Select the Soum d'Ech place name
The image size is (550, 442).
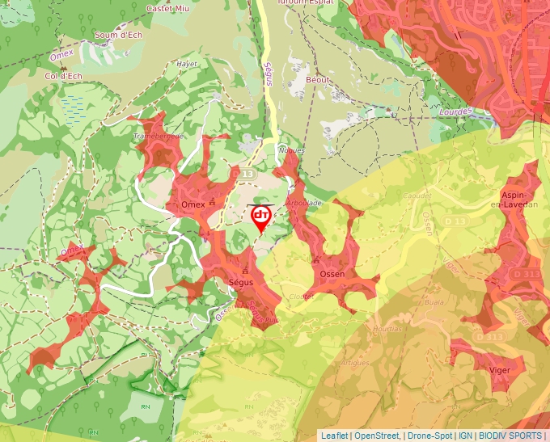click(119, 34)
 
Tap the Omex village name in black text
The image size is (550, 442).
click(193, 205)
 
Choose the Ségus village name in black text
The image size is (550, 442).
click(241, 283)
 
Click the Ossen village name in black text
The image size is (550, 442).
click(332, 274)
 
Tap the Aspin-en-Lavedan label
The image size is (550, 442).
click(519, 200)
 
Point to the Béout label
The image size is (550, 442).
click(320, 81)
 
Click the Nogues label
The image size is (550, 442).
click(290, 151)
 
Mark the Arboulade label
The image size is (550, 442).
click(304, 203)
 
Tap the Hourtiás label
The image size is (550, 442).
click(387, 329)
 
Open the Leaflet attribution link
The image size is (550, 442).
click(334, 436)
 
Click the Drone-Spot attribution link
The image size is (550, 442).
click(429, 436)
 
